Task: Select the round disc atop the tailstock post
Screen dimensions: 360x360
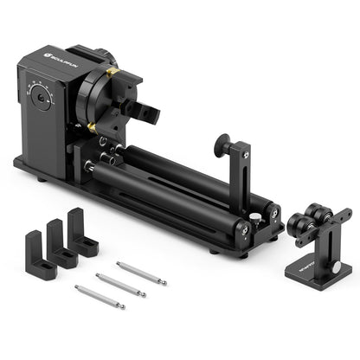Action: (224, 142)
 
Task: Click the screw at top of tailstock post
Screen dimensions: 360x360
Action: (247, 154)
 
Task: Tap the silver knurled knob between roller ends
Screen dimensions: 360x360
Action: (256, 219)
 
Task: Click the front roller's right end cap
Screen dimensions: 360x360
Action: (241, 231)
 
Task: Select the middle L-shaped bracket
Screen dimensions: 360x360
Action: (61, 243)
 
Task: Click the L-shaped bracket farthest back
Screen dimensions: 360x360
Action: (81, 231)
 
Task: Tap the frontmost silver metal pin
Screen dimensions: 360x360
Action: (100, 297)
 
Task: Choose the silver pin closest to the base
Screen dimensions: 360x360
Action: (142, 273)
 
